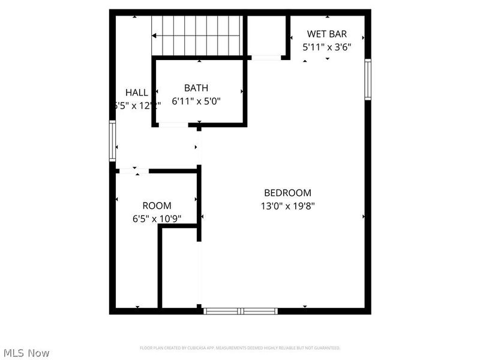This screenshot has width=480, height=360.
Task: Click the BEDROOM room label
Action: (287, 193)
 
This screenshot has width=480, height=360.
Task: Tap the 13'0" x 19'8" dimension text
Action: (287, 206)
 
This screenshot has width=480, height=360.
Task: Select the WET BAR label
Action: (326, 34)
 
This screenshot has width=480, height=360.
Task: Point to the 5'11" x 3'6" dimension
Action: (326, 46)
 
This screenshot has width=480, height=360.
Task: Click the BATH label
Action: (196, 88)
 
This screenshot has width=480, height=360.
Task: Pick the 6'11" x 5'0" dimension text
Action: (196, 101)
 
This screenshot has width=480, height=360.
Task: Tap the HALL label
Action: (137, 92)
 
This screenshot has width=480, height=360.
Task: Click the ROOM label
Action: (157, 206)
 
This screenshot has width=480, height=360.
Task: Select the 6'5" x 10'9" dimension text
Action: (157, 219)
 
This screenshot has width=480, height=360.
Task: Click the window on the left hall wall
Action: (112, 141)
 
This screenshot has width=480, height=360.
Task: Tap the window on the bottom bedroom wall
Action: (240, 311)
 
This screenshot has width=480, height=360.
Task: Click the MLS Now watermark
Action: (26, 353)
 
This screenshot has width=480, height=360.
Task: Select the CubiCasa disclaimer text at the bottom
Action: (240, 348)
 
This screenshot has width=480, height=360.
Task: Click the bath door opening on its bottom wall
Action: (174, 125)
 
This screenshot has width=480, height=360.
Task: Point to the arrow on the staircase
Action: (155, 36)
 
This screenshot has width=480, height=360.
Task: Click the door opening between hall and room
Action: (133, 171)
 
